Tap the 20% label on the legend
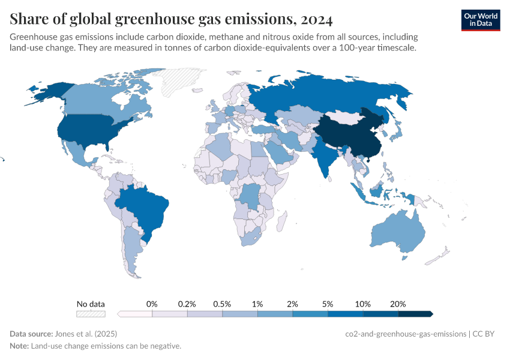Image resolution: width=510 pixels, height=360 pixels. click(x=398, y=304)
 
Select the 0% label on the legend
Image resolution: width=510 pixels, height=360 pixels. click(x=152, y=304)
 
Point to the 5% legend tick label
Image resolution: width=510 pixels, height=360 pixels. click(x=328, y=304)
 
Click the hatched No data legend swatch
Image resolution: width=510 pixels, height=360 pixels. click(x=91, y=314)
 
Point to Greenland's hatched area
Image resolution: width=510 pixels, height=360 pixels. click(x=183, y=81)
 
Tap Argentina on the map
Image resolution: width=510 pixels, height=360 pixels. click(x=130, y=246)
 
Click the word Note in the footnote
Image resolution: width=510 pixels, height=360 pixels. click(x=19, y=346)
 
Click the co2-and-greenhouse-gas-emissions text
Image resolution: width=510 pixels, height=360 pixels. click(x=406, y=334)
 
